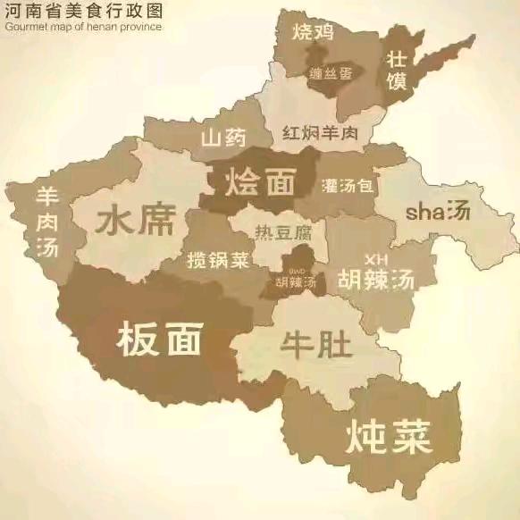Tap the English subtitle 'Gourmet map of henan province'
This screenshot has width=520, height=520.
pyautogui.click(x=82, y=26)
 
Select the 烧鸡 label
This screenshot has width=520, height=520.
pyautogui.click(x=313, y=33)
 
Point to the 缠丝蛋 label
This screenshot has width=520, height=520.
pyautogui.click(x=329, y=73)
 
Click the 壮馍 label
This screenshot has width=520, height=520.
pyautogui.click(x=396, y=70)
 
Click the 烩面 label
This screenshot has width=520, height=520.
pyautogui.click(x=260, y=181)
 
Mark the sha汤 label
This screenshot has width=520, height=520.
pyautogui.click(x=437, y=212)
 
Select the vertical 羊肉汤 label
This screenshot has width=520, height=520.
pyautogui.click(x=46, y=221)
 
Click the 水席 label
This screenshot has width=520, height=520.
pyautogui.click(x=136, y=219)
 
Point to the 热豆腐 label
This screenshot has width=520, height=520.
pyautogui.click(x=283, y=232)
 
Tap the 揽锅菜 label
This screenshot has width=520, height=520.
pyautogui.click(x=218, y=261)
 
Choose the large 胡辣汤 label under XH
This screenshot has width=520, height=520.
pyautogui.click(x=377, y=279)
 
